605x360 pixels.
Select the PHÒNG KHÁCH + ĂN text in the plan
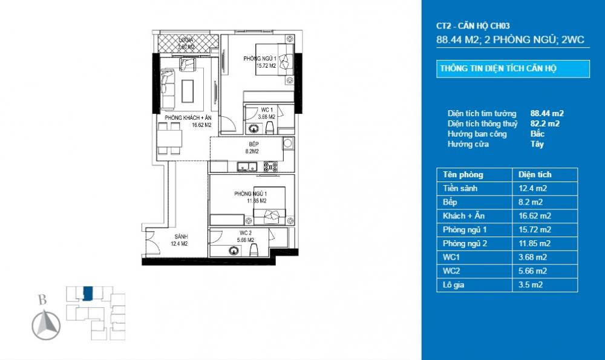tap(187, 118)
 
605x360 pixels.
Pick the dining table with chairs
tap(169, 139)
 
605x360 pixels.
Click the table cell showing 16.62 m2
tap(535, 215)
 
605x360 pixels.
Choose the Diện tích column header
tap(535, 174)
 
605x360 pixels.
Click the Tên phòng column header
tap(463, 174)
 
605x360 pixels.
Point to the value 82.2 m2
tap(544, 123)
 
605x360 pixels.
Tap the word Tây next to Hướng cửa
tap(537, 144)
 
